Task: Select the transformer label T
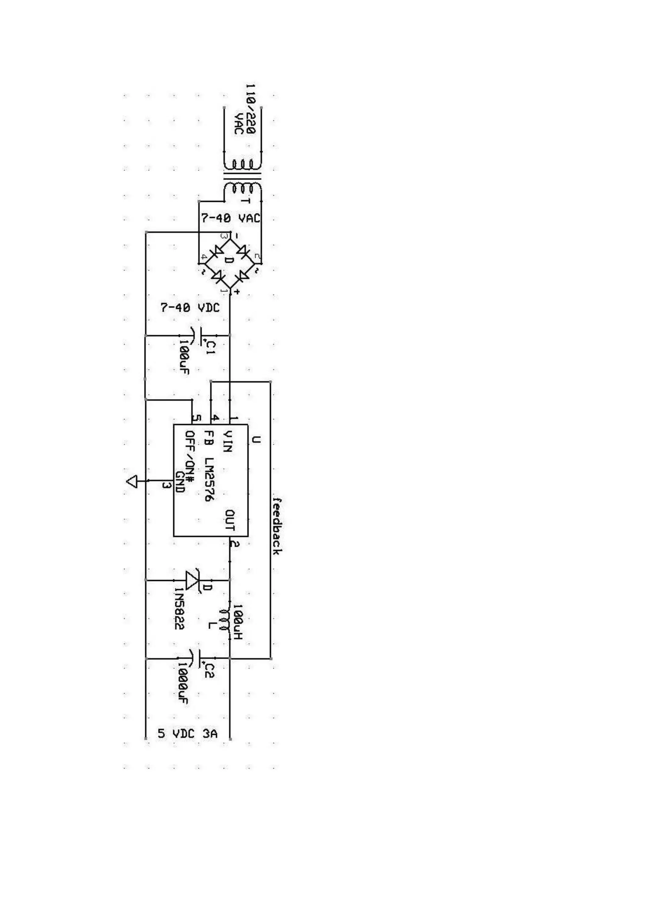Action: point(245,201)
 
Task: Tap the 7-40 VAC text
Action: point(230,218)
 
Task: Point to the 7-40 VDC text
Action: point(190,307)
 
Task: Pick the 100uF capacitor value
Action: point(184,356)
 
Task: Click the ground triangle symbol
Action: point(132,482)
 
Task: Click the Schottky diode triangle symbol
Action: point(193,580)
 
